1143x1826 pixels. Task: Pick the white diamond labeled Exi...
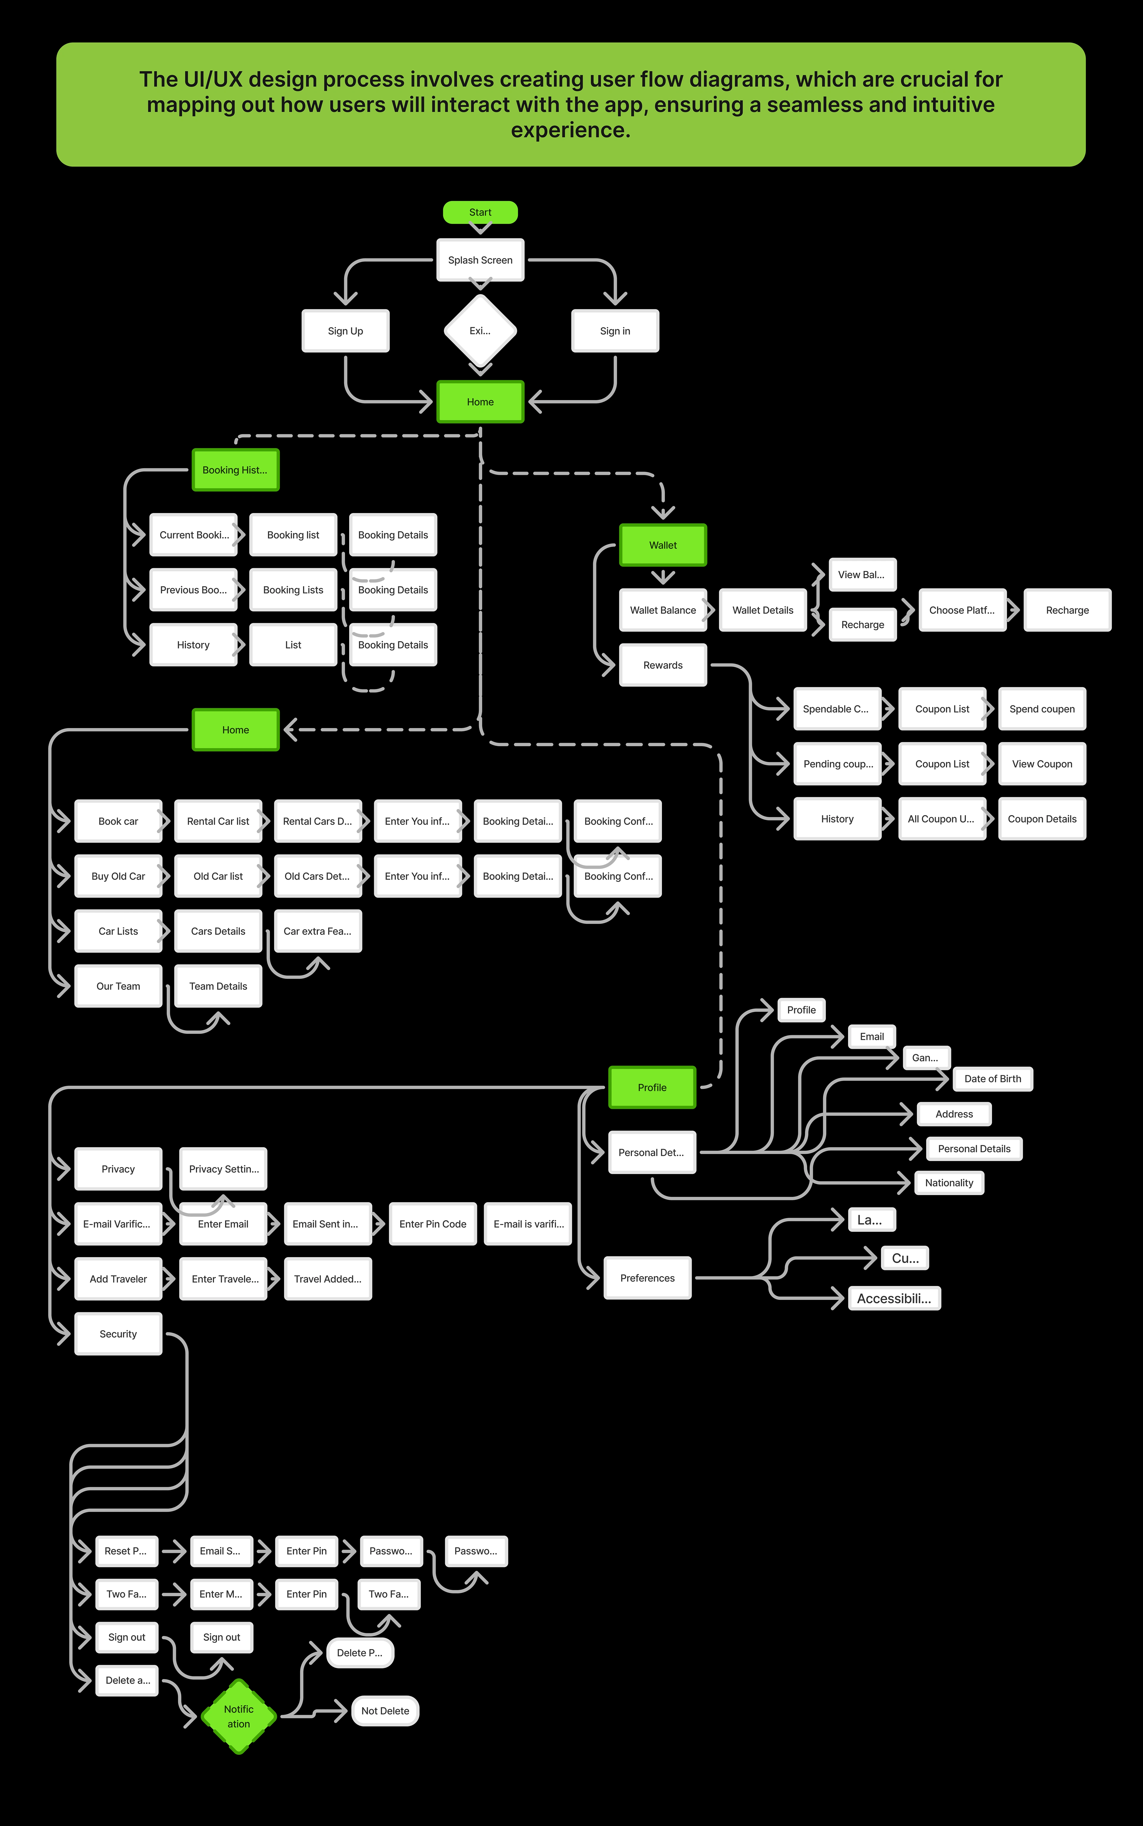480,331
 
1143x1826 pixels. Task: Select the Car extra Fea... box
318,931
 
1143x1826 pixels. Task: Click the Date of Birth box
993,1079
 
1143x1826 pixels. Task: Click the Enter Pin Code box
432,1224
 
